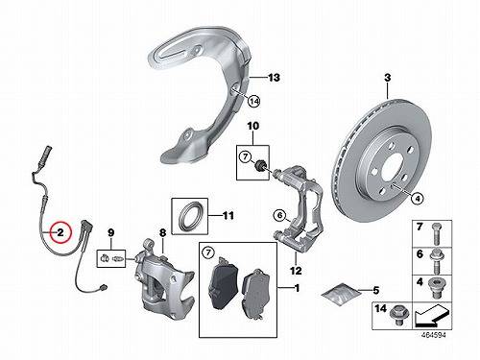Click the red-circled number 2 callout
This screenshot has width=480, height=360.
[60, 232]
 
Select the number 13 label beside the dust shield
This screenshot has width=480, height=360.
[274, 78]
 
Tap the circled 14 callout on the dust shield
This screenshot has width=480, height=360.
[254, 102]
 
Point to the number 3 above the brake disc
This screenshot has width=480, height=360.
[387, 78]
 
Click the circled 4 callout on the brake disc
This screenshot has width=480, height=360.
[417, 199]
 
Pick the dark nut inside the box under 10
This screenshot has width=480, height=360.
[259, 166]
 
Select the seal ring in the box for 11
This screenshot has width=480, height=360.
[190, 215]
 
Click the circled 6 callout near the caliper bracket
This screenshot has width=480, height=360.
[280, 215]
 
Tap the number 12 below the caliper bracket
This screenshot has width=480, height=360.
[296, 271]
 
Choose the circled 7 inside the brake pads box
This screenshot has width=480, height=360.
[208, 252]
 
